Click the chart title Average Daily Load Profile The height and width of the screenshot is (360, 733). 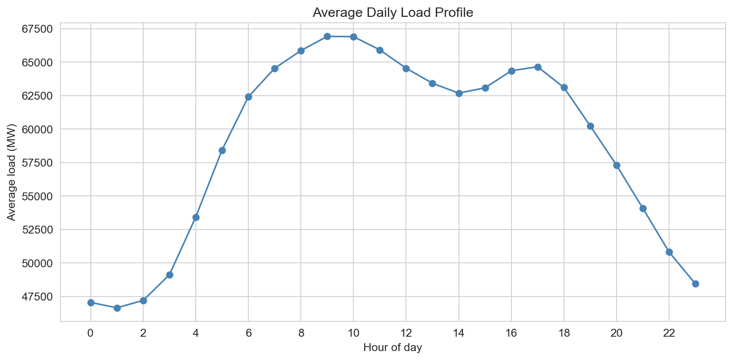(x=393, y=13)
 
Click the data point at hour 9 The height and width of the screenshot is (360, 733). (x=327, y=36)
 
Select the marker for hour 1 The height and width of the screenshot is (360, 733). (x=117, y=308)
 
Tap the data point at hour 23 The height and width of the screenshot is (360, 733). (x=695, y=284)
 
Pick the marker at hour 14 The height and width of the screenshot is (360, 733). (x=459, y=93)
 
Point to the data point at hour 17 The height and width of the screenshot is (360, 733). (x=538, y=67)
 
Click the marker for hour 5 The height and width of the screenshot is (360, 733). (x=222, y=150)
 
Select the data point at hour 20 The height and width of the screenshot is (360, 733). (x=617, y=165)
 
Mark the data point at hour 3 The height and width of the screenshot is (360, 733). (x=169, y=275)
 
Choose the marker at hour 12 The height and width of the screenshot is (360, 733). (x=406, y=68)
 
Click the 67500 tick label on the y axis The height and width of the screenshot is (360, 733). (x=37, y=29)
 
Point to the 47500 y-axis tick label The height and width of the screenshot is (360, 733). (x=37, y=297)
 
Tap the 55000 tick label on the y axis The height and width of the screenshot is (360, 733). (x=37, y=196)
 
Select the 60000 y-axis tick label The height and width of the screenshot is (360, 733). (x=37, y=129)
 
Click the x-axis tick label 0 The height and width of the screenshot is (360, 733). (x=91, y=333)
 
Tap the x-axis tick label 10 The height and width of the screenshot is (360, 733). (x=353, y=333)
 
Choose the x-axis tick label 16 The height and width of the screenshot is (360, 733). (x=511, y=333)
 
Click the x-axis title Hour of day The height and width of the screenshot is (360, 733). (x=393, y=348)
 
